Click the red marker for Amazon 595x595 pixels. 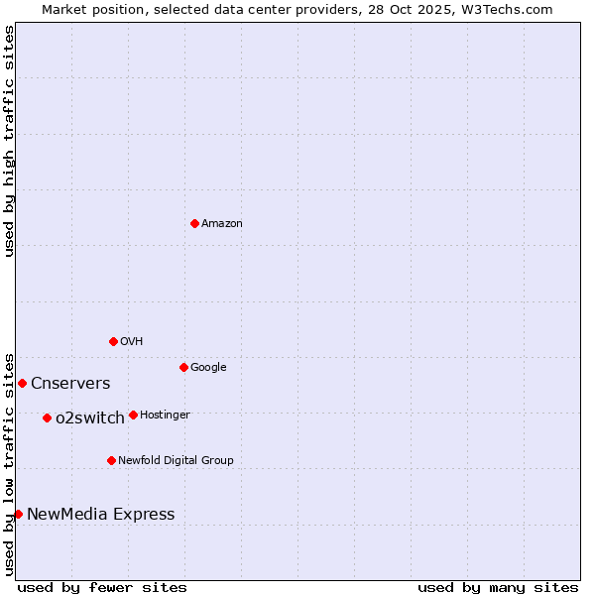tap(194, 223)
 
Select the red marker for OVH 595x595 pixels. tap(113, 341)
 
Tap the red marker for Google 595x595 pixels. tap(183, 367)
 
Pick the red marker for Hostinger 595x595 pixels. tap(133, 415)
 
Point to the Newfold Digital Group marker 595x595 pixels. tap(111, 460)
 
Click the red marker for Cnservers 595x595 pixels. tap(22, 383)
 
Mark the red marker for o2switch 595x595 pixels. tap(47, 417)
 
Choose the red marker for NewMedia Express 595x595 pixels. tap(18, 514)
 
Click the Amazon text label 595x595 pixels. tap(222, 224)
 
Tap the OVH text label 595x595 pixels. tap(132, 342)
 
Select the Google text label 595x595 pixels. tap(208, 368)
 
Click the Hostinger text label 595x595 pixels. tap(165, 416)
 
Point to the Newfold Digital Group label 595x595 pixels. tap(176, 461)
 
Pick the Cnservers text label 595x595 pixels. tap(70, 384)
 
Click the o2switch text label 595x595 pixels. tap(90, 418)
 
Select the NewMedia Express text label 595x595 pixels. tap(100, 515)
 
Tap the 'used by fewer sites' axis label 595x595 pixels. tap(102, 587)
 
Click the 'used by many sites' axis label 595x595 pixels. tap(498, 587)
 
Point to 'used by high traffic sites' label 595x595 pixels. tap(9, 141)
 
